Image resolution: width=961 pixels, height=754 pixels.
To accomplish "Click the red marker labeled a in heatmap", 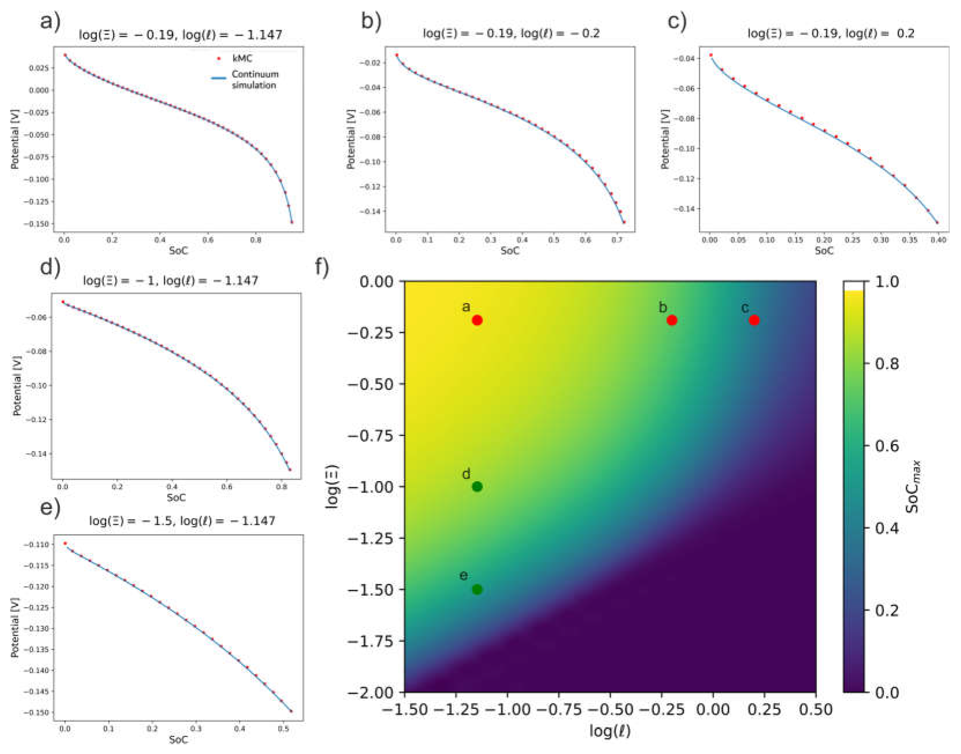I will (477, 320).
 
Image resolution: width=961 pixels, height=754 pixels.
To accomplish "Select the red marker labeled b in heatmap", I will (672, 320).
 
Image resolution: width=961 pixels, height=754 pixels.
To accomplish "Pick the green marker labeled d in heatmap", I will (477, 487).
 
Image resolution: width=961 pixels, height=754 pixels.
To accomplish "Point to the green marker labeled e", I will (477, 589).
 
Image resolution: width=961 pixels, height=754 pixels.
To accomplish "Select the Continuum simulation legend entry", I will (255, 79).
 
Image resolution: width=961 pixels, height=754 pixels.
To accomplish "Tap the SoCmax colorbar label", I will (912, 487).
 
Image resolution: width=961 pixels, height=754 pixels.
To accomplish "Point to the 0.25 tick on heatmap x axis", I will (764, 710).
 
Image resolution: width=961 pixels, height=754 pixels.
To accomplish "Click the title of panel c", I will (831, 33).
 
